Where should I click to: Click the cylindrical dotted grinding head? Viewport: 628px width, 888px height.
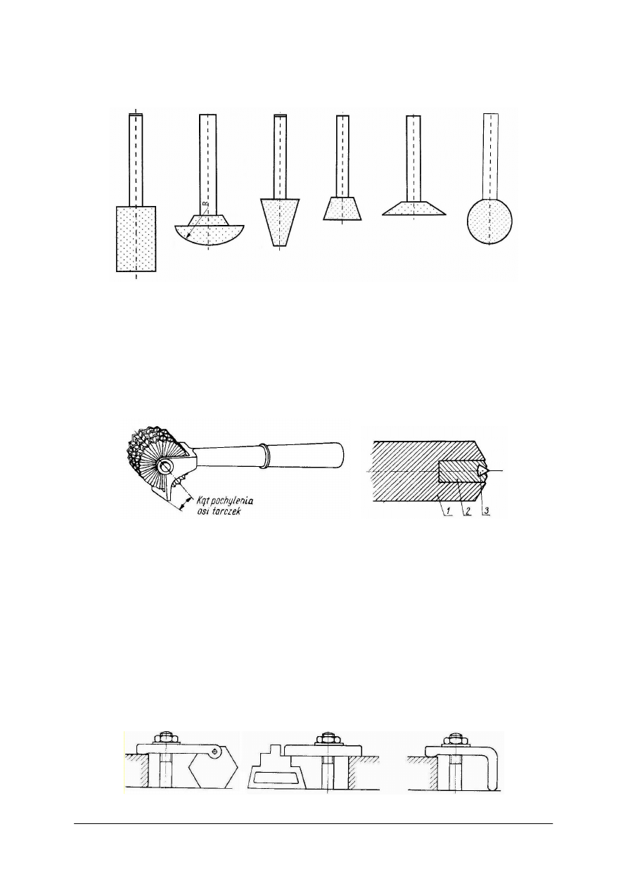(x=136, y=238)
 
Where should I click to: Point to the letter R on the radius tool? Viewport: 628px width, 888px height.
(x=205, y=203)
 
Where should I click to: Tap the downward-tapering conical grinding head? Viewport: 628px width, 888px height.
(x=281, y=221)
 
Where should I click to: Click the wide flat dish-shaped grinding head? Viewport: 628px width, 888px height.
(x=414, y=209)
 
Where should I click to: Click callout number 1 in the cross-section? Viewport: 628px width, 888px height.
(x=448, y=511)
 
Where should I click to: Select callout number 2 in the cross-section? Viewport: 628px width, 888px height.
(x=468, y=511)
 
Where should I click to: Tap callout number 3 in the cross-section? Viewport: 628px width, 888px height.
(x=486, y=511)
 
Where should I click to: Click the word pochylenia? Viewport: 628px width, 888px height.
(x=231, y=501)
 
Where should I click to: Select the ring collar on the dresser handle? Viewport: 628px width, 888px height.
(x=264, y=456)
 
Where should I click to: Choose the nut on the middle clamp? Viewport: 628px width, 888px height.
(x=328, y=737)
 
